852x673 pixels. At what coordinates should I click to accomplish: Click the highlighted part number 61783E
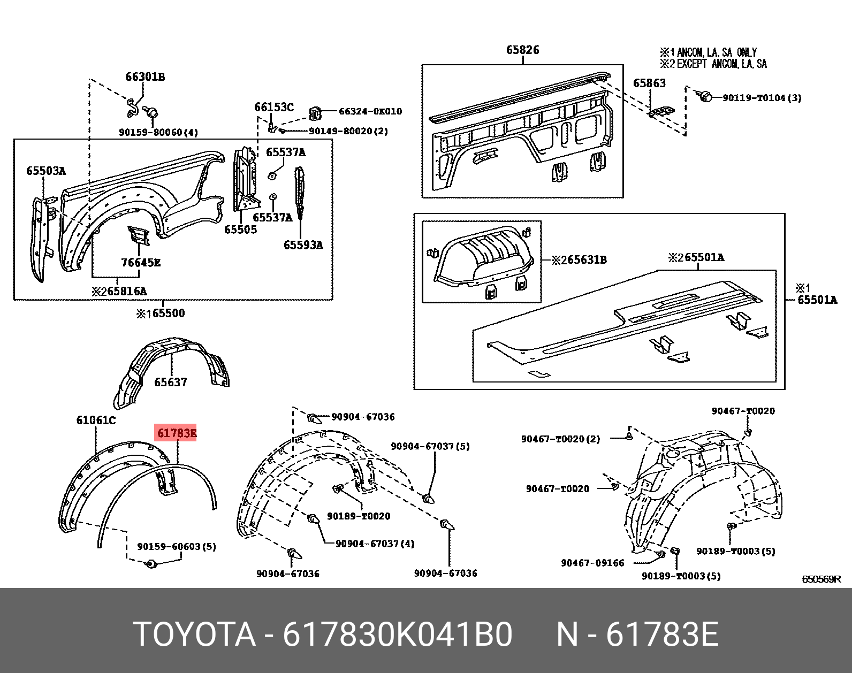click(176, 433)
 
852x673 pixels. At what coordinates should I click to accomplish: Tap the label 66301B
click(145, 77)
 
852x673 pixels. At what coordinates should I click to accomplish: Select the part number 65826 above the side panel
click(522, 50)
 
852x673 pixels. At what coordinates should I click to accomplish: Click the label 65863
click(649, 83)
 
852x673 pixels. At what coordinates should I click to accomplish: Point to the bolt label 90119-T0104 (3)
click(762, 98)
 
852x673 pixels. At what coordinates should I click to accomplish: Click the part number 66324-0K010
click(370, 111)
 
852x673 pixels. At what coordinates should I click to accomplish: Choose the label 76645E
click(141, 263)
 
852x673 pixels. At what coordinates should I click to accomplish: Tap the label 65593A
click(303, 245)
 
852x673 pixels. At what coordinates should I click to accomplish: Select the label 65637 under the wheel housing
click(170, 382)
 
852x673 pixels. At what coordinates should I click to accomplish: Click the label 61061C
click(96, 420)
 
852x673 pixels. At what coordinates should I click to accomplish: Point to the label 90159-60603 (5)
click(177, 547)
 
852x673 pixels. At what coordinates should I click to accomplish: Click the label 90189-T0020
click(359, 516)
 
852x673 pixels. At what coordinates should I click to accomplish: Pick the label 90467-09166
click(592, 563)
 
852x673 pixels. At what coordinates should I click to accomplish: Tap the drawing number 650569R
click(821, 579)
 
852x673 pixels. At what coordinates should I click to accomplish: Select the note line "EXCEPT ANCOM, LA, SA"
click(721, 64)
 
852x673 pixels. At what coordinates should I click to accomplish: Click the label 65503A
click(45, 171)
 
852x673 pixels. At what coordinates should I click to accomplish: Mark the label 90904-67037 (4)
click(375, 544)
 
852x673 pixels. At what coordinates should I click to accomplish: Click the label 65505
click(240, 230)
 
